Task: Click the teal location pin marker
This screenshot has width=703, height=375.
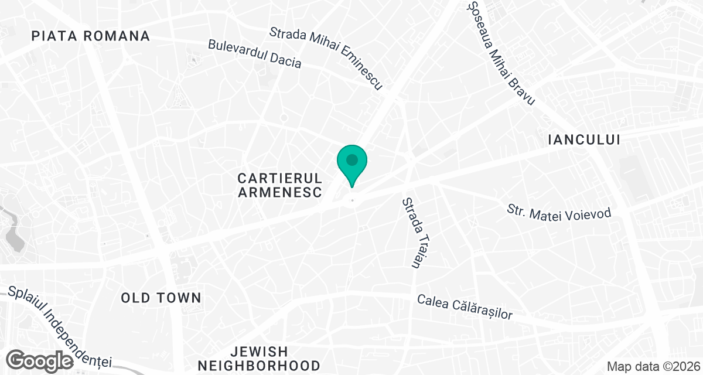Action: [351, 165]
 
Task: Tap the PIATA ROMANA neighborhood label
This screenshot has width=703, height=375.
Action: [91, 36]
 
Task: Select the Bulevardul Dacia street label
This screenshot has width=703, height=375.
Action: [255, 54]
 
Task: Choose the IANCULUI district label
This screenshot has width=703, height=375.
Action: [583, 139]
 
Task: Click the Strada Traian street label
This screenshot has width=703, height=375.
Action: [412, 233]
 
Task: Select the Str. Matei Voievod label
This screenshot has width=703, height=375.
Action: [559, 212]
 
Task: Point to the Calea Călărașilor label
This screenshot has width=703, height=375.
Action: [465, 306]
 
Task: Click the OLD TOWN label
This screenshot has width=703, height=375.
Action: [161, 298]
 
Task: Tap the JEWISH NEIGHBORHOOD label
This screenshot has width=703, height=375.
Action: [259, 359]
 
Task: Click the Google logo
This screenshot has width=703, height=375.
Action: [41, 360]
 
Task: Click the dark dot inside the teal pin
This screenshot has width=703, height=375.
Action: [351, 159]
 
